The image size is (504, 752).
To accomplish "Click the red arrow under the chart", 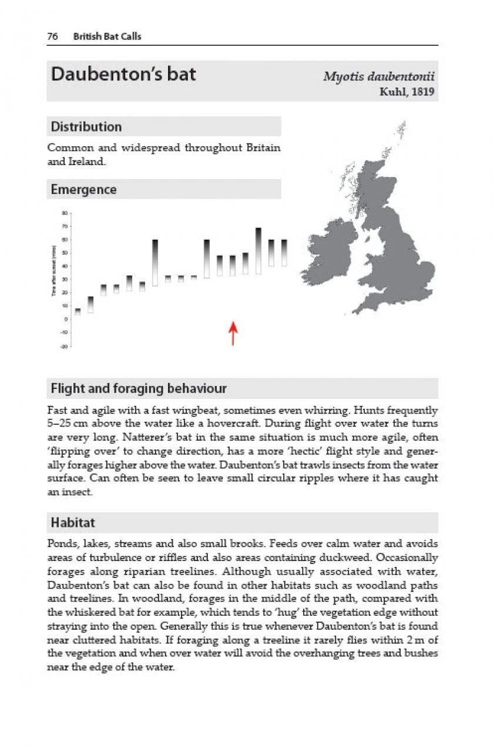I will coord(233,333).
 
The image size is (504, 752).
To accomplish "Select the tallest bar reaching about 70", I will coord(258,250).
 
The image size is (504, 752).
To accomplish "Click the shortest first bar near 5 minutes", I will coord(78,311).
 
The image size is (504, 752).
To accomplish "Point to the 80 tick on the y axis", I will coord(66,213).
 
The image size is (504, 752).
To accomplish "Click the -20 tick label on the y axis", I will coord(65,346).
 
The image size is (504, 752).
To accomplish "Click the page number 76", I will coord(52,36).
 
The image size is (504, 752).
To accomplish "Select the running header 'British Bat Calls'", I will coord(107,36).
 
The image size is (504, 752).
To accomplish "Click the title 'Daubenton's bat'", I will coord(123,75).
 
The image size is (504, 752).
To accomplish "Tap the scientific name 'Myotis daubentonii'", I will coord(379,77).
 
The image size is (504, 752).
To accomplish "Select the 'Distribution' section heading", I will coord(86,127).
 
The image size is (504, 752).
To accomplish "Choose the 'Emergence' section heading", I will coord(83,190).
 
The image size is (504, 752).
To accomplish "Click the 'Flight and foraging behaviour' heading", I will coord(139,388).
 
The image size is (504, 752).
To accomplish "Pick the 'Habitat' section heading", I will coord(73,522).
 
